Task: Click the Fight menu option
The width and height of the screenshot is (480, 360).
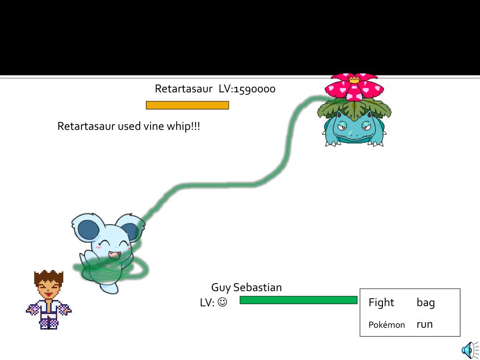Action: (x=381, y=303)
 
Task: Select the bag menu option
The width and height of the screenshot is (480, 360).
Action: (x=426, y=303)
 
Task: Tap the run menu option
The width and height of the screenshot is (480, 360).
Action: (x=424, y=324)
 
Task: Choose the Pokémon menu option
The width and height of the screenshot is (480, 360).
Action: (x=387, y=325)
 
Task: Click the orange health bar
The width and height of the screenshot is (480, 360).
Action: (x=187, y=105)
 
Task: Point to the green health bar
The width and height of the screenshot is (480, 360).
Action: (x=298, y=300)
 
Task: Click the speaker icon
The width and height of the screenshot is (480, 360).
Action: (x=468, y=350)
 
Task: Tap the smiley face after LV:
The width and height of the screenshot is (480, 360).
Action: (x=223, y=302)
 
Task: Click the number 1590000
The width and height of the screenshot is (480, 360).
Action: (x=254, y=89)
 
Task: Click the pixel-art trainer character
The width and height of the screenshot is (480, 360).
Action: (x=48, y=300)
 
